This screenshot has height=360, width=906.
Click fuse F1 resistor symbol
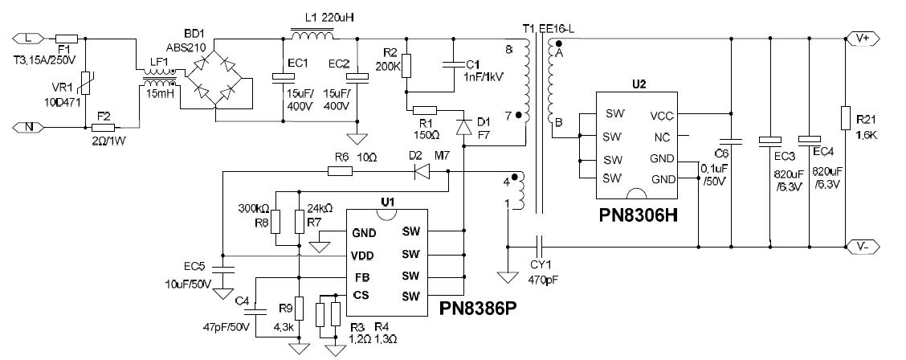(x=67, y=38)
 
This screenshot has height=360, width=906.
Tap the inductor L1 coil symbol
(x=312, y=35)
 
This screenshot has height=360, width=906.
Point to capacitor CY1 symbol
(x=540, y=243)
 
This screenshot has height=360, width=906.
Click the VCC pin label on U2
(x=663, y=116)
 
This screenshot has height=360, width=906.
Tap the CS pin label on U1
(x=361, y=296)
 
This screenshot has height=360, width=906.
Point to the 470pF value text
(x=541, y=281)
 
